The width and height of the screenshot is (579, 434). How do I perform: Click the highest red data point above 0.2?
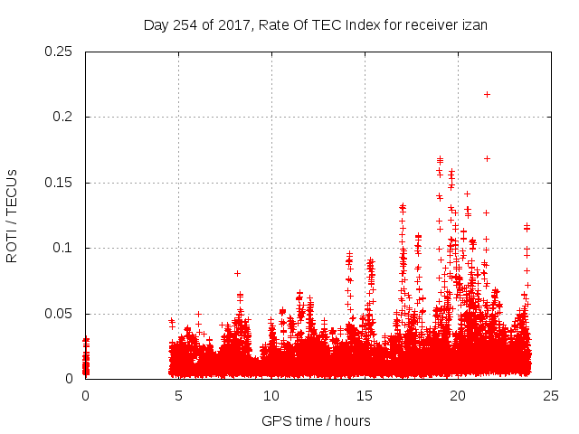(x=487, y=94)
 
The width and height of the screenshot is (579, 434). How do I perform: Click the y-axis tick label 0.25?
(x=60, y=52)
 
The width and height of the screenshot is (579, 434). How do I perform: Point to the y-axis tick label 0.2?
(x=63, y=118)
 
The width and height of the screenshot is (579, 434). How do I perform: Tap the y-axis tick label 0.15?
(x=60, y=183)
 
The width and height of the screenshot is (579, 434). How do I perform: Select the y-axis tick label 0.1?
(x=63, y=249)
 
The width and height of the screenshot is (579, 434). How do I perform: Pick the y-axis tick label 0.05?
(x=60, y=314)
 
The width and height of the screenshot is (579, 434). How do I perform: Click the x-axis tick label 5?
(x=178, y=396)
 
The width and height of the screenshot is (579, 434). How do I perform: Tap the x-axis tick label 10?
(x=271, y=396)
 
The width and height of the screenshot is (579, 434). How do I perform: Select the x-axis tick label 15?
(x=365, y=396)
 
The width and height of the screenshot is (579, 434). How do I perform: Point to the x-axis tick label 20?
(x=458, y=396)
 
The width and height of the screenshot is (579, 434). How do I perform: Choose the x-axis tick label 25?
(x=551, y=396)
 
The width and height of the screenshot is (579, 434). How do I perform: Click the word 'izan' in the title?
(x=474, y=25)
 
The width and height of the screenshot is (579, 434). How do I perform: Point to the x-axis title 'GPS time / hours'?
(x=316, y=421)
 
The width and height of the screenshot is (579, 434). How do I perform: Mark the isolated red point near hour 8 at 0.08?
(x=237, y=273)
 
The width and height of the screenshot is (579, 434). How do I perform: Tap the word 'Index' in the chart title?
(x=356, y=25)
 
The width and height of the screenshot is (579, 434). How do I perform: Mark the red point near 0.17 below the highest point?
(x=487, y=158)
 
